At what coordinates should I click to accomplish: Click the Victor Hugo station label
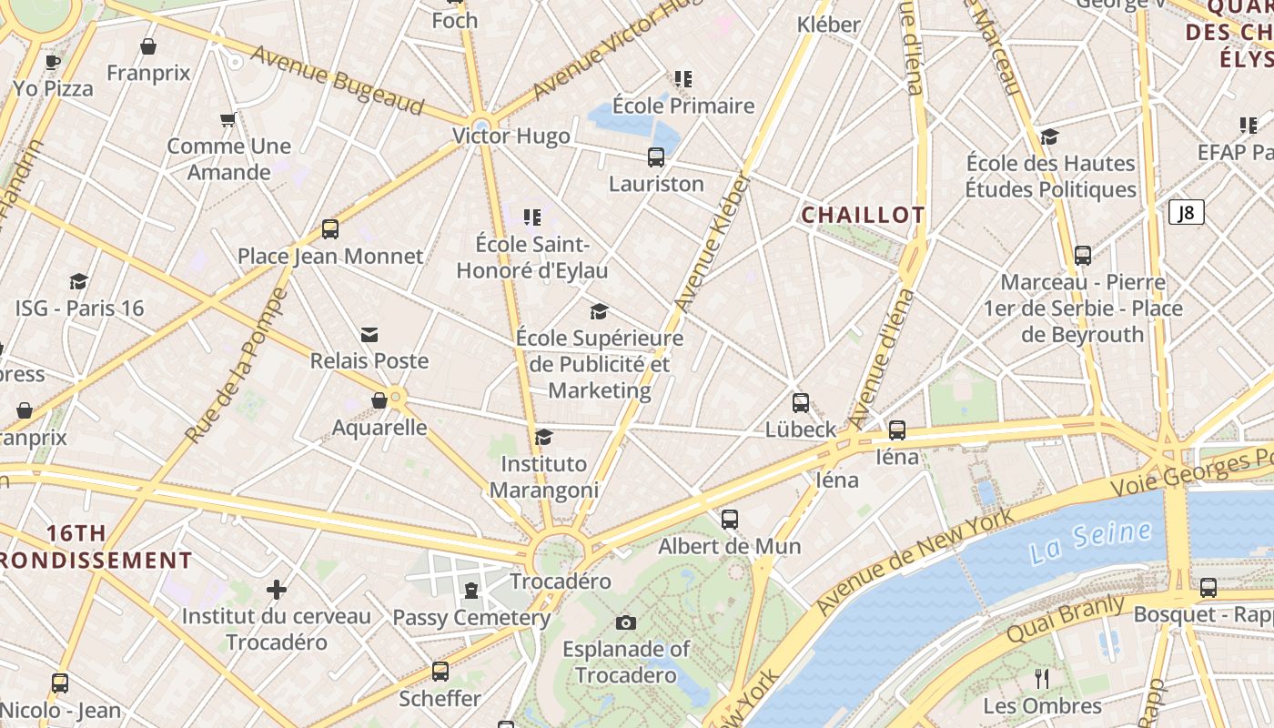click(511, 136)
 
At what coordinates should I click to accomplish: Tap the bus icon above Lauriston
click(656, 157)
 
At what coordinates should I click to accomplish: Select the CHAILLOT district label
click(863, 216)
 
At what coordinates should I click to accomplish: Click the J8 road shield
click(1186, 213)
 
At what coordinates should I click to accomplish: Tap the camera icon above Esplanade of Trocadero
click(625, 623)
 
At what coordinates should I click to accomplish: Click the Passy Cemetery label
click(471, 618)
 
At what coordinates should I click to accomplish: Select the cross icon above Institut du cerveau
click(277, 590)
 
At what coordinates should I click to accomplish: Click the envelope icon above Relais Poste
click(369, 335)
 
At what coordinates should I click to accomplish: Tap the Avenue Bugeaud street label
click(338, 80)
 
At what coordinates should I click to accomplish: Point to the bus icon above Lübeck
click(801, 402)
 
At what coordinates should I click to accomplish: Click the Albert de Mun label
click(729, 546)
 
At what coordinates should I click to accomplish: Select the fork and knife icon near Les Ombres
click(1043, 678)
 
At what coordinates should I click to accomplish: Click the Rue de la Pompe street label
click(237, 366)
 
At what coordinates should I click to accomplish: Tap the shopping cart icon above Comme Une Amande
click(228, 119)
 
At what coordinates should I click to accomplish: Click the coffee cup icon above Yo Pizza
click(53, 62)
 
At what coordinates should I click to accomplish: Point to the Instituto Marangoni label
click(544, 477)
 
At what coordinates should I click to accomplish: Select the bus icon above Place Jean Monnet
click(330, 229)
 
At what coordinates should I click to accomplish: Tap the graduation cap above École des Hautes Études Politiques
click(1050, 137)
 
